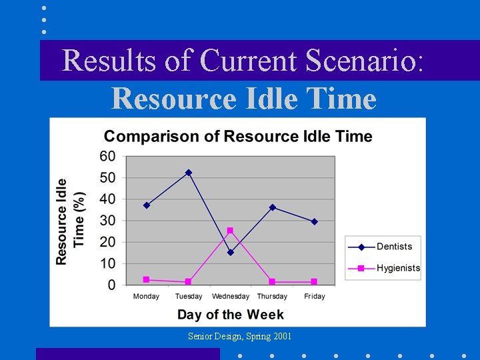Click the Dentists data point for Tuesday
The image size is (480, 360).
[x=189, y=173]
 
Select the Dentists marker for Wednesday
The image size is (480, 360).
[x=231, y=253]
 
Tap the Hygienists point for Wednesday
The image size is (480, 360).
[x=230, y=231]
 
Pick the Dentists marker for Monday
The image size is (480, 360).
[x=147, y=205]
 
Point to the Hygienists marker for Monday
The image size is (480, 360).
[x=147, y=279]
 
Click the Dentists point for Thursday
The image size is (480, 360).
[x=273, y=207]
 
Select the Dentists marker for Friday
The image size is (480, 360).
[x=314, y=221]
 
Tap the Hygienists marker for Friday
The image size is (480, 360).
[x=314, y=282]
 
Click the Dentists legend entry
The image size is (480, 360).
[x=383, y=247]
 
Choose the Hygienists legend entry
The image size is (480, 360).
[x=383, y=268]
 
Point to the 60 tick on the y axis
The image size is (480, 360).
[x=107, y=156]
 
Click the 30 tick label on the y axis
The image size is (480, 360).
[x=107, y=221]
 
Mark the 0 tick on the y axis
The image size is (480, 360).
[x=111, y=285]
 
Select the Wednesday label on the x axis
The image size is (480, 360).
[x=231, y=297]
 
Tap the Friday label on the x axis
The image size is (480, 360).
[x=314, y=297]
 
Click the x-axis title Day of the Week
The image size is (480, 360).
[x=230, y=315]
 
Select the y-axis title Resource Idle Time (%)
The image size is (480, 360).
[x=70, y=221]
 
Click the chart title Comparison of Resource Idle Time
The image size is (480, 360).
[x=238, y=137]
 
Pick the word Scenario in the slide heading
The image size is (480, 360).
[x=364, y=61]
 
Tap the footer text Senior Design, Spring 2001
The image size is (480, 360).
[x=239, y=337]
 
